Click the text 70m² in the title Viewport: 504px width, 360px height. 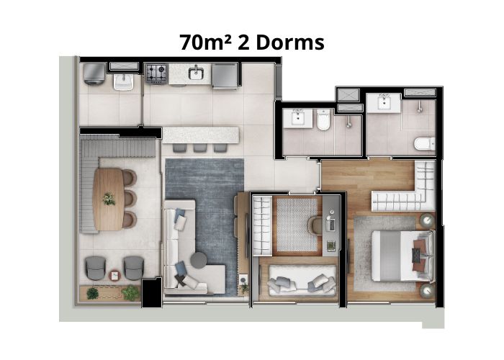pos(206,42)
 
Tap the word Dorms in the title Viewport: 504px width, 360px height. pos(290,42)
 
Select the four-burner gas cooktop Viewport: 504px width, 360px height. pos(156,73)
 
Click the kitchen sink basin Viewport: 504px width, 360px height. pos(195,73)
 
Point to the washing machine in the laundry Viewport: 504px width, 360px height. pos(94,73)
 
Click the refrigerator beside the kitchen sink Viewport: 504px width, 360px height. pos(225,76)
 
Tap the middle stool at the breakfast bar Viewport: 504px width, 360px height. pos(200,148)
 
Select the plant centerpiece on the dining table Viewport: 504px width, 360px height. pos(109,199)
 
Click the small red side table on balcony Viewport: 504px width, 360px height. pos(114,276)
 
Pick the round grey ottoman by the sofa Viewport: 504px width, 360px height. pos(199,260)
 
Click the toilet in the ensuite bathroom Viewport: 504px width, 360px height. pos(425,144)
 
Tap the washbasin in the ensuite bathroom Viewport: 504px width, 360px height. pos(384,103)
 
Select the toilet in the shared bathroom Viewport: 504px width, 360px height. pos(323,120)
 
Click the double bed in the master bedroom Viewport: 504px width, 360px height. pos(402,256)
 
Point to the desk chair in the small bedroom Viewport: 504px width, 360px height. pos(315,225)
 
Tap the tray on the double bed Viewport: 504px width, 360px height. pos(417,256)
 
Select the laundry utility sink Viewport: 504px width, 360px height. pos(123,82)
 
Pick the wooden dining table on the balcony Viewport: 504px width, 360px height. pos(108,199)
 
